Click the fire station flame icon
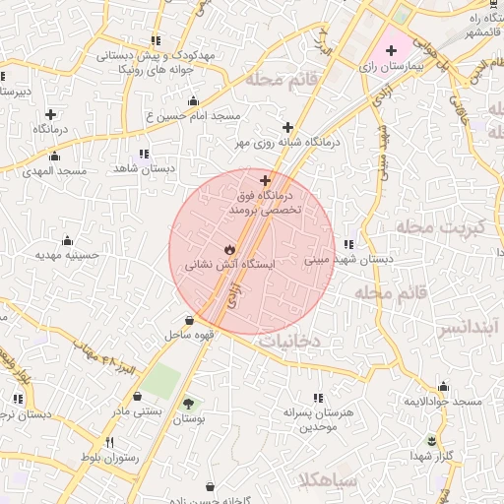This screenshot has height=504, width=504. tap(229, 249)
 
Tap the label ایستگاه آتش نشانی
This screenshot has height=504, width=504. tap(230, 265)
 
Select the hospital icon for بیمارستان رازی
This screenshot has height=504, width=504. tap(391, 49)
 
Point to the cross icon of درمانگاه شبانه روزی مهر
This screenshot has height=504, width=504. tap(287, 127)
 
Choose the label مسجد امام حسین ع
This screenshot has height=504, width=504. tap(193, 116)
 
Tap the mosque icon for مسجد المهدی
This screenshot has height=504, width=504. tap(53, 156)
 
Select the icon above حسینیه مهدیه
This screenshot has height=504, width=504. tap(67, 241)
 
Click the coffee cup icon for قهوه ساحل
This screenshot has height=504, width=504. tap(189, 320)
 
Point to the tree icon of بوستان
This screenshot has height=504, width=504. tap(188, 405)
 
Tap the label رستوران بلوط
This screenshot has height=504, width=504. tap(110, 458)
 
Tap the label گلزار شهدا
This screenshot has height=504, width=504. tap(431, 455)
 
